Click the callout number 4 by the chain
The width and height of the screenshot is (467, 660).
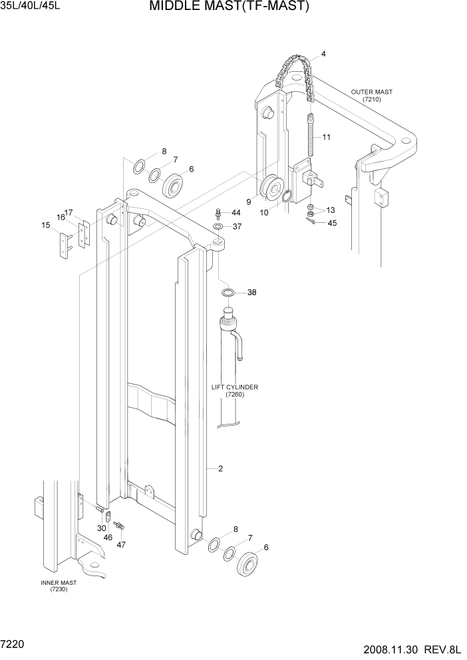point(323,54)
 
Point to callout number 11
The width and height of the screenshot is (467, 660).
point(327,137)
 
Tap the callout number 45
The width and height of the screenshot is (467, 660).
point(332,224)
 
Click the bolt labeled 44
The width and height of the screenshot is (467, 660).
point(218,213)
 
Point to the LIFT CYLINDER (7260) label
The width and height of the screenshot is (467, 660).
point(235,391)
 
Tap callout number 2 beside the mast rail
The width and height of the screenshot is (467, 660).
point(220,468)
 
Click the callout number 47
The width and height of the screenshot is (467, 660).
point(120,544)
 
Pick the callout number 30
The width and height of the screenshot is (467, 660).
point(101,528)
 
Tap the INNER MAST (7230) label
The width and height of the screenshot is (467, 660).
point(59,585)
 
